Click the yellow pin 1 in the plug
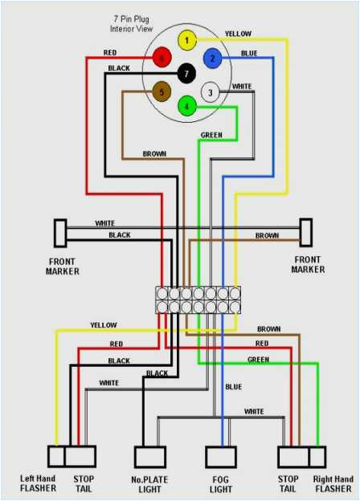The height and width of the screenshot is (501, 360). (x=186, y=40)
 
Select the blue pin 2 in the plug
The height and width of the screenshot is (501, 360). (x=212, y=57)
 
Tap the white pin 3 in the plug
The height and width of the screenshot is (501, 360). (x=210, y=92)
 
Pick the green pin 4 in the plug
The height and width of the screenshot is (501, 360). (x=186, y=106)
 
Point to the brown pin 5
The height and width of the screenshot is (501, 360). (x=162, y=92)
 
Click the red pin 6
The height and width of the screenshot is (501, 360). (x=162, y=58)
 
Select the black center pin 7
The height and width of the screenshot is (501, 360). (x=186, y=74)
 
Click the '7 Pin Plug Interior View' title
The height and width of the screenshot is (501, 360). (x=133, y=23)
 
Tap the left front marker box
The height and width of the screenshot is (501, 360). (x=59, y=233)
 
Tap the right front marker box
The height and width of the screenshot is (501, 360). (x=306, y=233)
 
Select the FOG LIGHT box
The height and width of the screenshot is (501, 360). (x=221, y=457)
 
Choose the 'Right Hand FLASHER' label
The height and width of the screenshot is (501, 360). (x=332, y=483)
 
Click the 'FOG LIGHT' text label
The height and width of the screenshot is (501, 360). (x=221, y=483)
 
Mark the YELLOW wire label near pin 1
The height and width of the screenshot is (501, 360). (x=237, y=34)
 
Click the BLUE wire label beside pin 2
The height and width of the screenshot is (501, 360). (x=249, y=54)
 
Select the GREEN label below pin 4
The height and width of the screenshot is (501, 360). (x=211, y=135)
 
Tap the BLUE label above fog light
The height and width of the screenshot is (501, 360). (x=233, y=387)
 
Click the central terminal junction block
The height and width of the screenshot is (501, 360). (x=198, y=299)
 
